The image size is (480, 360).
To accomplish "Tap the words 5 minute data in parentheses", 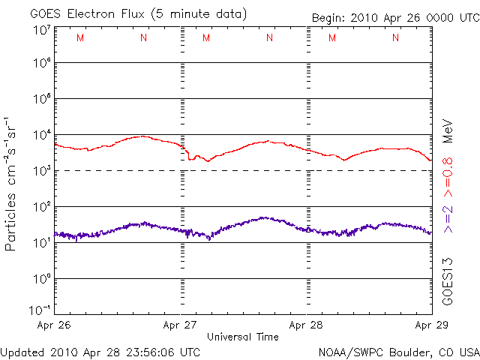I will tap(202, 14).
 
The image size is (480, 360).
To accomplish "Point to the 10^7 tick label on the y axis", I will tap(41, 30).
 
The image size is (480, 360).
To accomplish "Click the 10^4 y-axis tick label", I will tap(41, 136).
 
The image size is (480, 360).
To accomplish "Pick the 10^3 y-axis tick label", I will tap(41, 172).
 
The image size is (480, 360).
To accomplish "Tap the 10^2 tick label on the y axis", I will tap(41, 208).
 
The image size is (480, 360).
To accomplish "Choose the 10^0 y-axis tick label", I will tap(41, 279).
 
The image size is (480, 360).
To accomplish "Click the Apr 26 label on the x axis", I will tap(54, 325).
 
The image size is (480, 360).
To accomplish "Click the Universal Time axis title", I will tap(243, 337).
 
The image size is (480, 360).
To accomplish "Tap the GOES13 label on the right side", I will tap(448, 281).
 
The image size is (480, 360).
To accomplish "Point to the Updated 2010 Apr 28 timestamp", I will tap(100, 352).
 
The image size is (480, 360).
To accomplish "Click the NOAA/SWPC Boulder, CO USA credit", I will tap(398, 352).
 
